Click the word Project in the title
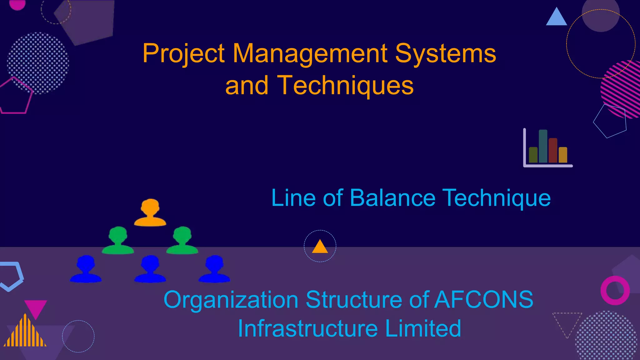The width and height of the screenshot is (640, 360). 183,54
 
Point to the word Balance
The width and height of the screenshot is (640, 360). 392,198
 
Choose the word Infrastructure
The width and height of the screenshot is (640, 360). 308,328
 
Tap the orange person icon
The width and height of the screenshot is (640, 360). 150,212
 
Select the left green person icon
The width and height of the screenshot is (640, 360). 118,240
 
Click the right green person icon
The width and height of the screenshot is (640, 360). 182,240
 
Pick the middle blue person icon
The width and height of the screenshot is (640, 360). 150,269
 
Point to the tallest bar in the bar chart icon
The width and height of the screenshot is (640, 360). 543,146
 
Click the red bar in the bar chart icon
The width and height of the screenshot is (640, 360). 553,150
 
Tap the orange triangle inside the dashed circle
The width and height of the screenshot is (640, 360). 320,247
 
